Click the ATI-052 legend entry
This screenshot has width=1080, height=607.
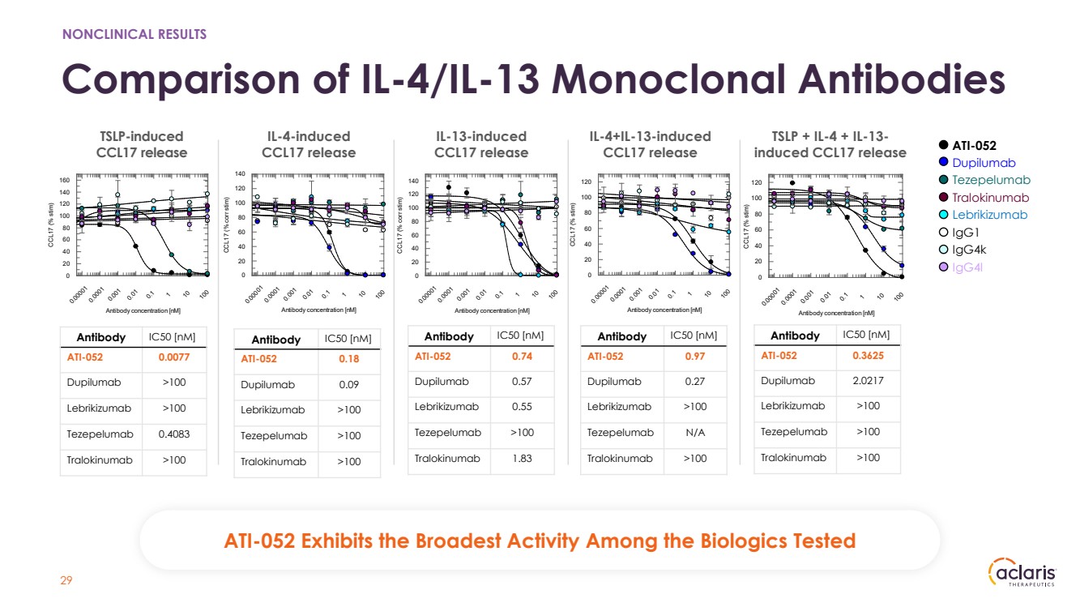coord(973,146)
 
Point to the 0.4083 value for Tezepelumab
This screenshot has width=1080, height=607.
coord(173,434)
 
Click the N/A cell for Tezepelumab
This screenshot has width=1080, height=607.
coord(694,433)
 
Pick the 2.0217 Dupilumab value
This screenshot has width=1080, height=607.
coord(867,380)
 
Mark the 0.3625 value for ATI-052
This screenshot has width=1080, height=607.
coord(867,356)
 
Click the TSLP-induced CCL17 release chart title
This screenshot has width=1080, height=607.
coord(141,144)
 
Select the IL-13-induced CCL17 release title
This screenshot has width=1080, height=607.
coord(481,144)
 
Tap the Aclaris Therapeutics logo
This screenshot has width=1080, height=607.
coord(1022,575)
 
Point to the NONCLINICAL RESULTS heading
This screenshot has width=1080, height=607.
coord(134,34)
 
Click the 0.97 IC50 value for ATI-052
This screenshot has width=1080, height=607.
coord(694,357)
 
